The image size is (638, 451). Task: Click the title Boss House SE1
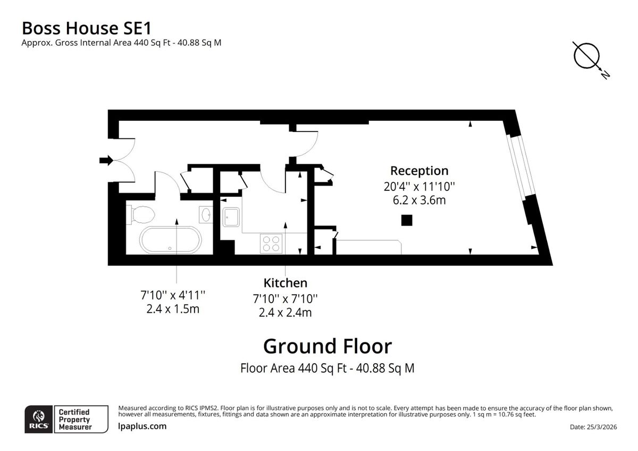point(90,28)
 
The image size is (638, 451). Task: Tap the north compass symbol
point(587,56)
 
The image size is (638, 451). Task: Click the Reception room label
point(419,171)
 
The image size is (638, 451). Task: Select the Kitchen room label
point(285,283)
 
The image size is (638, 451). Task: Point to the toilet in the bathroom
point(141,214)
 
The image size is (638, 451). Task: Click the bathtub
point(170,240)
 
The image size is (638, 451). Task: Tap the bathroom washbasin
point(206,215)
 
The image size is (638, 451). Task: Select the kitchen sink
point(231,216)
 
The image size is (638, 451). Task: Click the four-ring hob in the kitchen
point(271,244)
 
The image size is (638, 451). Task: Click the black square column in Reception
point(407,220)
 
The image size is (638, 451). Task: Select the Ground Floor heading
point(328,346)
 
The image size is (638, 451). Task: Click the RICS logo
point(39,419)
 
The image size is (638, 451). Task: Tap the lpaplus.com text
point(142,426)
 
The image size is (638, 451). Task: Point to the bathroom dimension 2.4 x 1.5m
point(172,309)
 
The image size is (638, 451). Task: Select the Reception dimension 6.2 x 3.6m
point(419,200)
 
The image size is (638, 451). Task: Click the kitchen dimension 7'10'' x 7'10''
point(285,299)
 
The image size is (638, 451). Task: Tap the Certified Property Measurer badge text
point(74,419)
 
